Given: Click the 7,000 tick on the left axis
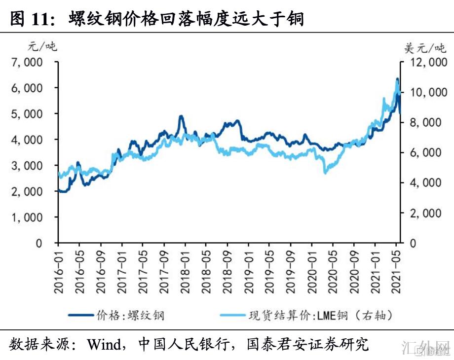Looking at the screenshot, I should point(28,62).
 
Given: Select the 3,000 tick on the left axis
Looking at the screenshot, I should point(28,165).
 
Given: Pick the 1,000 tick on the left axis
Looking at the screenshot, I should point(28,217).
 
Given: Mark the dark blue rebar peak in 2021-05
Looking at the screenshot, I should point(397,79).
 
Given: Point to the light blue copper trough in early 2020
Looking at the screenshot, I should point(325,172).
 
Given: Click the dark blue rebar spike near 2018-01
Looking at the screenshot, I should point(181,117).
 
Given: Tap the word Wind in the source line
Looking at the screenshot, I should point(105,344).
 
